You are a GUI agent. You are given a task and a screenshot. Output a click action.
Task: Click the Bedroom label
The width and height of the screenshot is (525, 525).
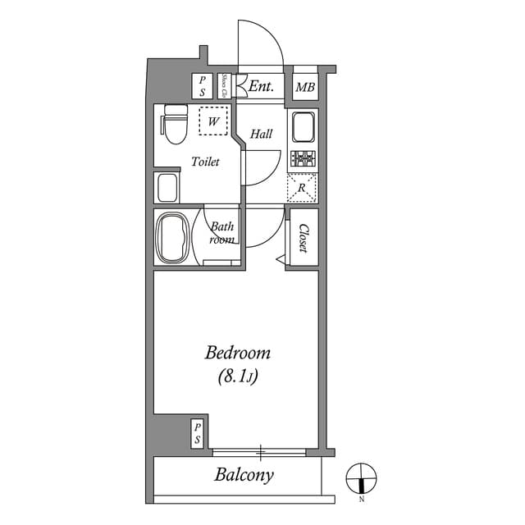tap(237, 354)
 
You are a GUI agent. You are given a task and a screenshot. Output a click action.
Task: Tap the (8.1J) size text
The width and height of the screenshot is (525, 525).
tap(237, 377)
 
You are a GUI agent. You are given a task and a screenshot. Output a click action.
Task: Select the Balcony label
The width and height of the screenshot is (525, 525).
tap(244, 474)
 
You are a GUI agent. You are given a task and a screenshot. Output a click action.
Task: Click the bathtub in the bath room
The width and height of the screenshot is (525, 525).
tap(172, 238)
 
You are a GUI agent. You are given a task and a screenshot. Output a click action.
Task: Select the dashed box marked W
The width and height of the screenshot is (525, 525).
tap(213, 122)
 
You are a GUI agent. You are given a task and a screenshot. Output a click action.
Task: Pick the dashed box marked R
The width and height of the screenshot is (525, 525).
tap(302, 188)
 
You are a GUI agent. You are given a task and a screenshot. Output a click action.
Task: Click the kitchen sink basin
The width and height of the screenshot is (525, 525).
tap(302, 128)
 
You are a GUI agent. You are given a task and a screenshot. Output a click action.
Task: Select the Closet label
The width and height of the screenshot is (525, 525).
tap(303, 238)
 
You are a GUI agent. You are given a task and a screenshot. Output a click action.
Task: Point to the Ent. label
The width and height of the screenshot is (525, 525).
tap(262, 86)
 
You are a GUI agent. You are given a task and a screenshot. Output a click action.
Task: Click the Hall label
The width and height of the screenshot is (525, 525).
tap(262, 134)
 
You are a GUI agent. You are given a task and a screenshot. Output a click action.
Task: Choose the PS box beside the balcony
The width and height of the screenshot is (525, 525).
tap(197, 433)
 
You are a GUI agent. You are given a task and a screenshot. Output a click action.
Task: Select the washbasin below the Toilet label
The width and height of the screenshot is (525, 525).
tap(167, 187)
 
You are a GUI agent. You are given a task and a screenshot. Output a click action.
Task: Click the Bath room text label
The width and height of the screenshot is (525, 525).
tap(222, 233)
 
